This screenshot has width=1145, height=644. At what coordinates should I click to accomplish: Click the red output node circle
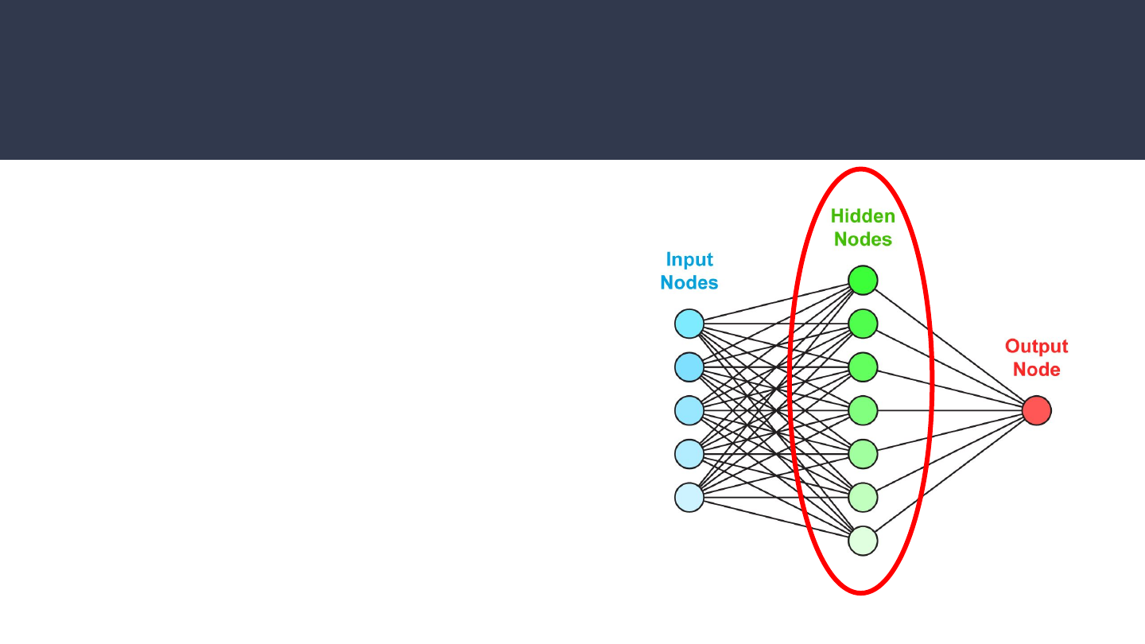click(x=1036, y=410)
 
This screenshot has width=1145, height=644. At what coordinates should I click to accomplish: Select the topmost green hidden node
click(x=863, y=280)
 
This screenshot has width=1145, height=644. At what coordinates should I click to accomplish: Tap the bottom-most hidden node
click(x=863, y=541)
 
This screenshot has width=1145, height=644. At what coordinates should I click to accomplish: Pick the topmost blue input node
click(x=689, y=324)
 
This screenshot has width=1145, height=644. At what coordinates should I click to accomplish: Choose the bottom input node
click(x=689, y=497)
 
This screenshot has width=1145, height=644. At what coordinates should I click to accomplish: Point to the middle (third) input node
click(x=689, y=410)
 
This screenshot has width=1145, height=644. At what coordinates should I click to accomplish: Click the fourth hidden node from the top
click(x=863, y=410)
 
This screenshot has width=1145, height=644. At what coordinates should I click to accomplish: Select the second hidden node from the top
click(x=863, y=324)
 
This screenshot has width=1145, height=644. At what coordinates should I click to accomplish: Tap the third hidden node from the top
click(x=863, y=367)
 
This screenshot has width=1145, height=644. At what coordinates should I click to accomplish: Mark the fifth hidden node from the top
click(x=863, y=454)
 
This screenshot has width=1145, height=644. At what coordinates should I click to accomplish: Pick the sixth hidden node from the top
click(x=863, y=497)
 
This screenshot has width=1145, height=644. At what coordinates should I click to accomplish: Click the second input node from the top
click(x=689, y=367)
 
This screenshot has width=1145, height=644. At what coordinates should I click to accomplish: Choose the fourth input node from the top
click(x=689, y=454)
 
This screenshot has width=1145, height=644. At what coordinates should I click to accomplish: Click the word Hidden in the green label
click(x=863, y=215)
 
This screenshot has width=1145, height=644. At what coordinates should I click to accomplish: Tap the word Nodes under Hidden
click(x=863, y=239)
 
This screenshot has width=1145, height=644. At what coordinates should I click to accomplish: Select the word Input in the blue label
click(x=689, y=259)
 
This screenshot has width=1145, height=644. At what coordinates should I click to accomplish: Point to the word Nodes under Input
click(x=689, y=282)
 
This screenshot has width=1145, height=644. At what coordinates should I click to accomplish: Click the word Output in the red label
click(x=1036, y=346)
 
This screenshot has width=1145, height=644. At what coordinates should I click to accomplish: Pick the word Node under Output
click(x=1036, y=370)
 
